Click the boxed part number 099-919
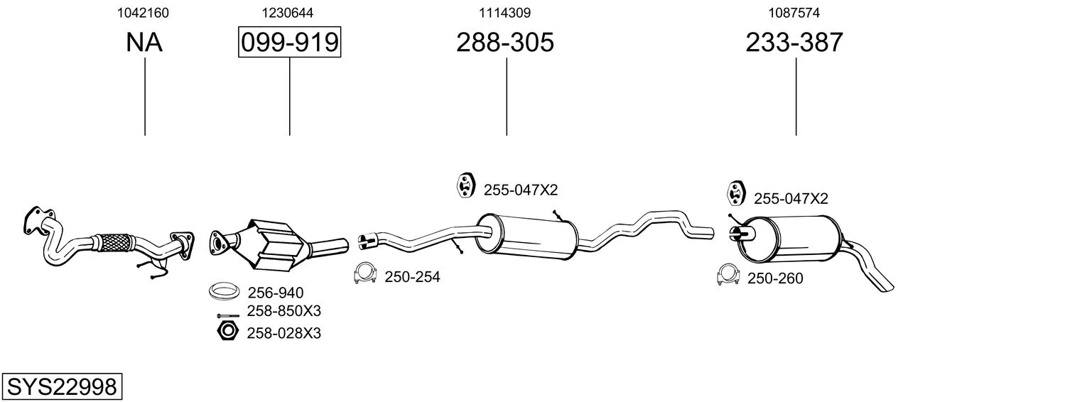pyautogui.click(x=289, y=42)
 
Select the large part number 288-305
pyautogui.click(x=504, y=42)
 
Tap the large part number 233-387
pyautogui.click(x=794, y=42)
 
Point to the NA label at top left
pyautogui.click(x=144, y=42)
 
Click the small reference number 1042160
pyautogui.click(x=143, y=13)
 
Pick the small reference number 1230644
pyautogui.click(x=287, y=13)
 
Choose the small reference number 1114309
pyautogui.click(x=504, y=13)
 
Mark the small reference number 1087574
pyautogui.click(x=794, y=13)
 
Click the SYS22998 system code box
pyautogui.click(x=62, y=386)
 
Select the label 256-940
pyautogui.click(x=276, y=293)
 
